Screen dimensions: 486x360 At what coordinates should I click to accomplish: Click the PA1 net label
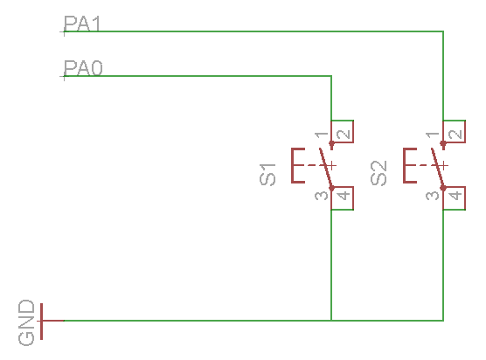pyautogui.click(x=82, y=24)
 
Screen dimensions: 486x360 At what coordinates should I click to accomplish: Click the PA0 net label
pyautogui.click(x=83, y=68)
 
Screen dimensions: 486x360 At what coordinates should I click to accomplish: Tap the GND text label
pyautogui.click(x=26, y=322)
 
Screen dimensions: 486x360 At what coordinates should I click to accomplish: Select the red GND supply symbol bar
pyautogui.click(x=42, y=322)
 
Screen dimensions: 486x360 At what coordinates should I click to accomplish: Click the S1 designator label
pyautogui.click(x=267, y=175)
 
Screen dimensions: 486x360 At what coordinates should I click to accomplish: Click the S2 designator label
pyautogui.click(x=378, y=173)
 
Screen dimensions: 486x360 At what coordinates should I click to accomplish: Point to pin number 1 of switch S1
pyautogui.click(x=322, y=135)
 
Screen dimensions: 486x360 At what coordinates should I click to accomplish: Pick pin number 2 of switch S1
pyautogui.click(x=344, y=135)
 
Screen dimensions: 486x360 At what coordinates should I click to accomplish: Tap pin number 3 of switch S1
pyautogui.click(x=322, y=196)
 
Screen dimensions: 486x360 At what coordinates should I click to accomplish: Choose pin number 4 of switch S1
pyautogui.click(x=344, y=196)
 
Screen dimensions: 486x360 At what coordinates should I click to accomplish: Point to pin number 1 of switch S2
pyautogui.click(x=433, y=135)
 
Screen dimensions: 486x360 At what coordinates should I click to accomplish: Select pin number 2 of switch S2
pyautogui.click(x=455, y=135)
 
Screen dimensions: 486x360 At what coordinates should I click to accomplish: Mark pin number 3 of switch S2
pyautogui.click(x=433, y=196)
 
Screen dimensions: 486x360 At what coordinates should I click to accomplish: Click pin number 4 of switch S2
pyautogui.click(x=455, y=196)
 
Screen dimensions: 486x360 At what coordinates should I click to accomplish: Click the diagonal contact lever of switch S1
pyautogui.click(x=326, y=169)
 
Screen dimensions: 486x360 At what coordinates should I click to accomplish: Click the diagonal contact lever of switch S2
pyautogui.click(x=438, y=169)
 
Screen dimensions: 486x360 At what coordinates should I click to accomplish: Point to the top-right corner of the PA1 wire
pyautogui.click(x=443, y=31)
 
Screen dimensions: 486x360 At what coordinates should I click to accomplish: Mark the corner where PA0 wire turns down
pyautogui.click(x=331, y=76)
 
